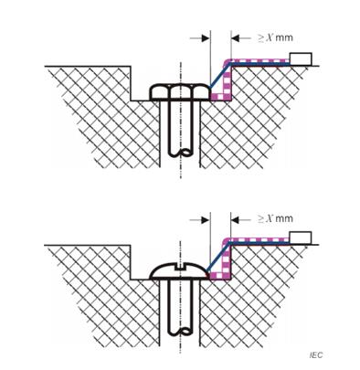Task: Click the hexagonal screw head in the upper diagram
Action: (x=182, y=92)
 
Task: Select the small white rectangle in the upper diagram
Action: (x=301, y=59)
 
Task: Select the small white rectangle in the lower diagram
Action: (x=301, y=238)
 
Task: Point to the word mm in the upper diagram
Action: (x=282, y=38)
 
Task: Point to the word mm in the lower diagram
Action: (x=282, y=219)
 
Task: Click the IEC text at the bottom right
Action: (x=315, y=354)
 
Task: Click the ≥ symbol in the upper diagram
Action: (x=257, y=38)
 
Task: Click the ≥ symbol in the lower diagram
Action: (x=257, y=219)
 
